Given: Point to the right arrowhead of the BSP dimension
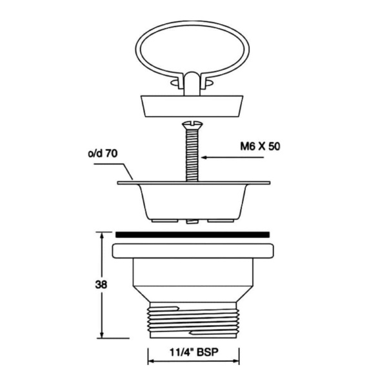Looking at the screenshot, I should pos(236,353).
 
